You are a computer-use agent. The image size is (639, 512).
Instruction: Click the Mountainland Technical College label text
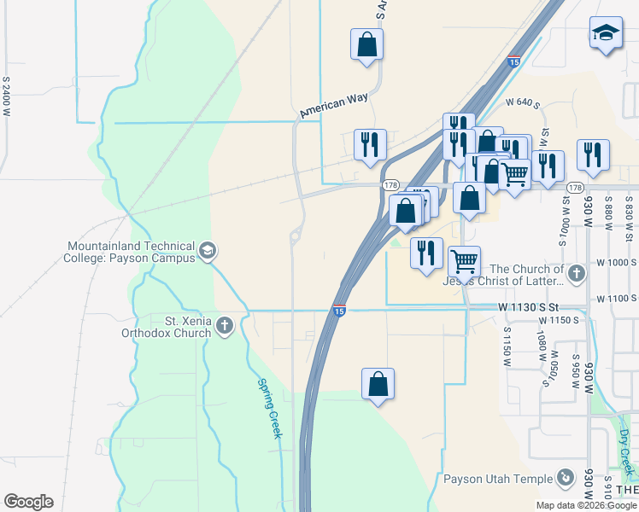click(131, 252)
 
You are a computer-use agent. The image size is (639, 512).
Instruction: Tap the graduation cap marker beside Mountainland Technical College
click(208, 251)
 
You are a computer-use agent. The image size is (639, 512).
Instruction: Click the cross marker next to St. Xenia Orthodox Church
click(224, 324)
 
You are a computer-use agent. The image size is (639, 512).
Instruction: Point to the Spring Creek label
click(270, 409)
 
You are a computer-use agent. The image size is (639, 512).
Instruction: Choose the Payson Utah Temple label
click(496, 478)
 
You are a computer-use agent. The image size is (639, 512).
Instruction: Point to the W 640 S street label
click(524, 102)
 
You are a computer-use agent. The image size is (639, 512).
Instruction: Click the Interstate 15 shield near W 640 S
click(513, 61)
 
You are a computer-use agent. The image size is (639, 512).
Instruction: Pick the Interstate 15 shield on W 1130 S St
click(339, 311)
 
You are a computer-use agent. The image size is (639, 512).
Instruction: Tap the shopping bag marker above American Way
click(366, 44)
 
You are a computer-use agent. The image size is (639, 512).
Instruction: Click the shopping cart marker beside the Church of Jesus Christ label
click(464, 259)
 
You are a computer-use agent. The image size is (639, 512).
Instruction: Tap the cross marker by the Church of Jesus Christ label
click(577, 273)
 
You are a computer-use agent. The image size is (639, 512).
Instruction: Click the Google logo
click(28, 502)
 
